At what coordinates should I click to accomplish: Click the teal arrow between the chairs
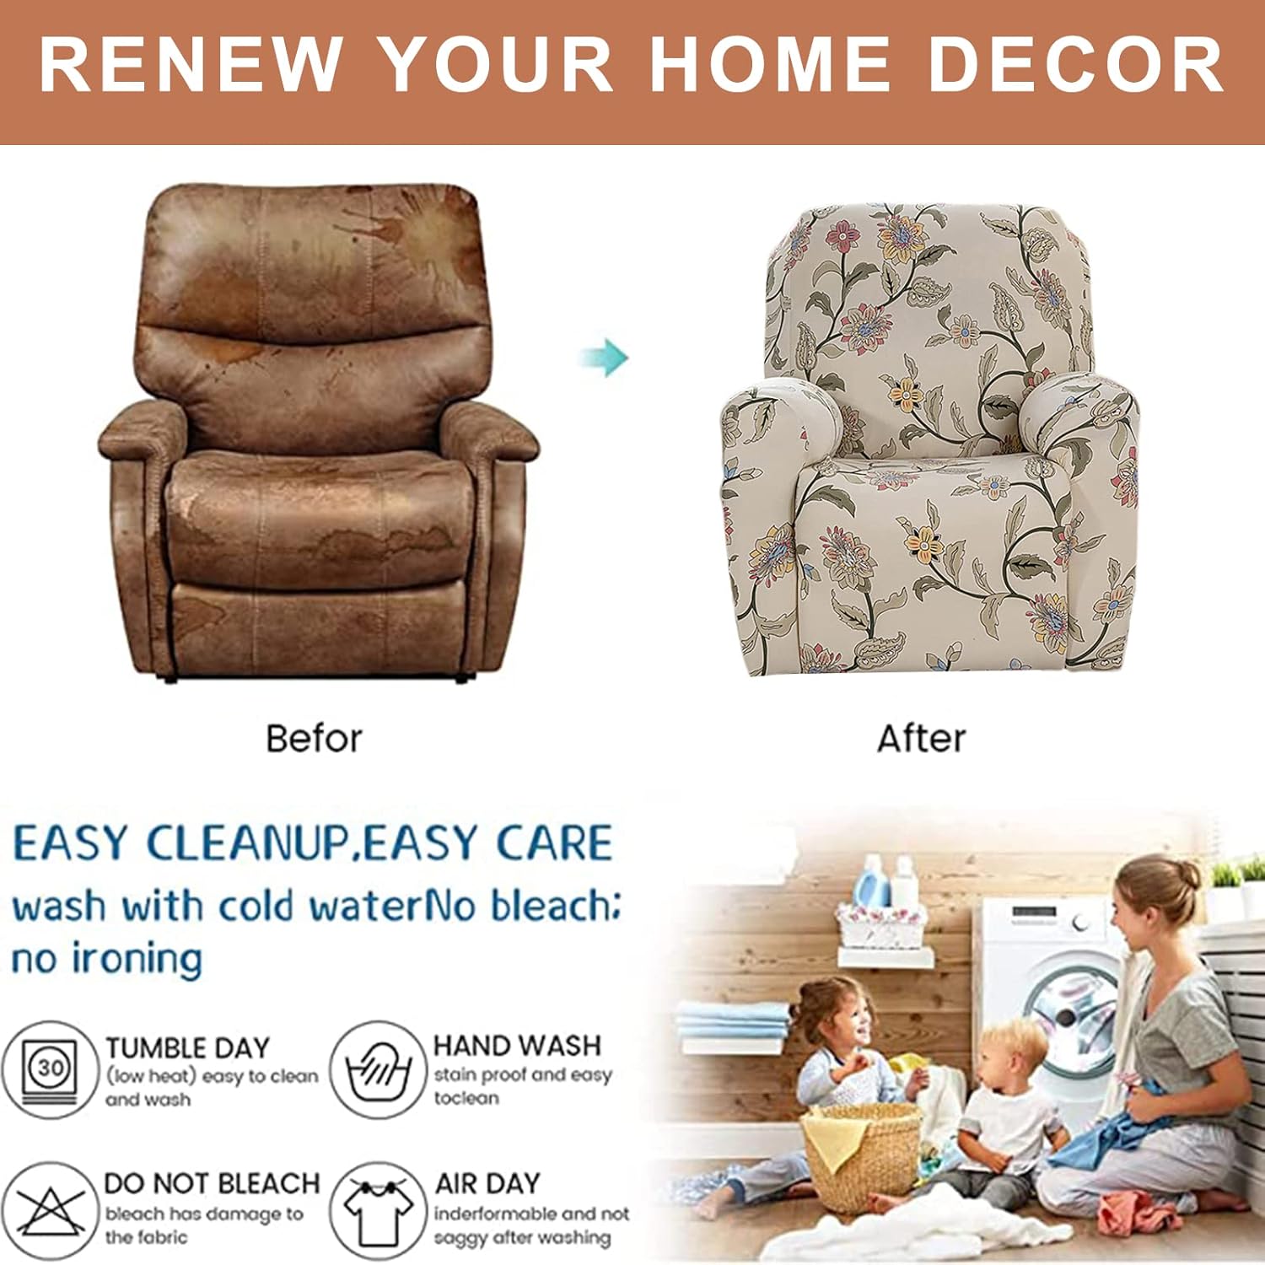606,357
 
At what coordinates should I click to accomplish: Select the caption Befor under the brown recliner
314,738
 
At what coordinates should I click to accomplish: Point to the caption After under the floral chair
921,738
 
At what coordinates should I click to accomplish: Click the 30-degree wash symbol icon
51,1069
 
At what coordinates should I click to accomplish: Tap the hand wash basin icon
376,1069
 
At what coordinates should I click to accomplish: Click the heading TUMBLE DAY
187,1047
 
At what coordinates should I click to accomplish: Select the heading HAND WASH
516,1046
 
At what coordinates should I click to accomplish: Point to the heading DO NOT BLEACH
212,1183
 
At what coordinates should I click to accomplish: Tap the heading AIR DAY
487,1183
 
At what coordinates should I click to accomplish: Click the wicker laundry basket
862,1155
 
